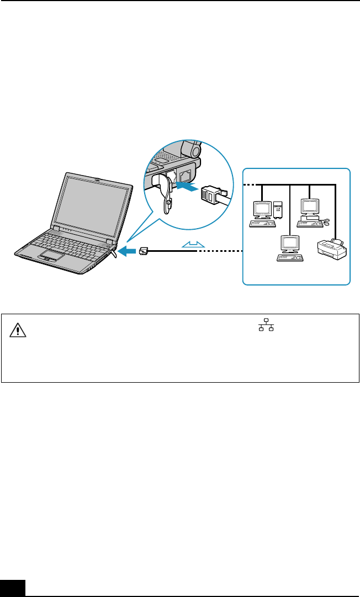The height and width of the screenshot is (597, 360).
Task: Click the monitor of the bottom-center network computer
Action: coord(290,244)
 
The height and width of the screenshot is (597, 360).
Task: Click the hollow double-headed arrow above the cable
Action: coord(192,244)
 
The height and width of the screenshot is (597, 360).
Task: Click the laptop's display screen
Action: coord(92,202)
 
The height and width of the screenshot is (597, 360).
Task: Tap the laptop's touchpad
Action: coord(52,255)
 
